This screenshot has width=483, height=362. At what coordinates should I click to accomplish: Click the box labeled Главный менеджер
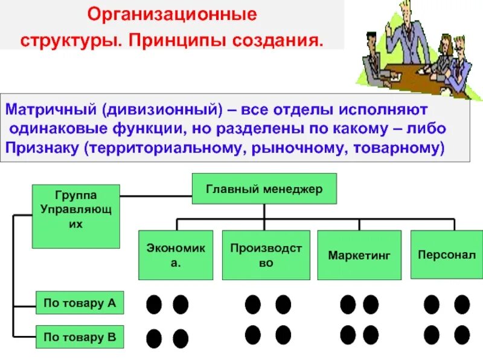264,189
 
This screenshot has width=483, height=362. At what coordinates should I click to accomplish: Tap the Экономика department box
176,255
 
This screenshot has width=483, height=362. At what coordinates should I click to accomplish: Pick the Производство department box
266,255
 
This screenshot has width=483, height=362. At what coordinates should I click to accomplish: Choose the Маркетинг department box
359,255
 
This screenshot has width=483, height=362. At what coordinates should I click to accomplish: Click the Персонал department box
446,255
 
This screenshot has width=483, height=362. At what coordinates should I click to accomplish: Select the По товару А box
80,303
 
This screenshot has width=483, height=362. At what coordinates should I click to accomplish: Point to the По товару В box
80,337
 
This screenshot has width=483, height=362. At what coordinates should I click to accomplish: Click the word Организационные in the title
172,13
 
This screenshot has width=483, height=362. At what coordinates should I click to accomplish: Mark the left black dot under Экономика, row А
154,304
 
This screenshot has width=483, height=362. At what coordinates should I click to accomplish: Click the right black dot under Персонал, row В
462,334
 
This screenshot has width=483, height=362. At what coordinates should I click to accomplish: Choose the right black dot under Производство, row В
283,334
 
